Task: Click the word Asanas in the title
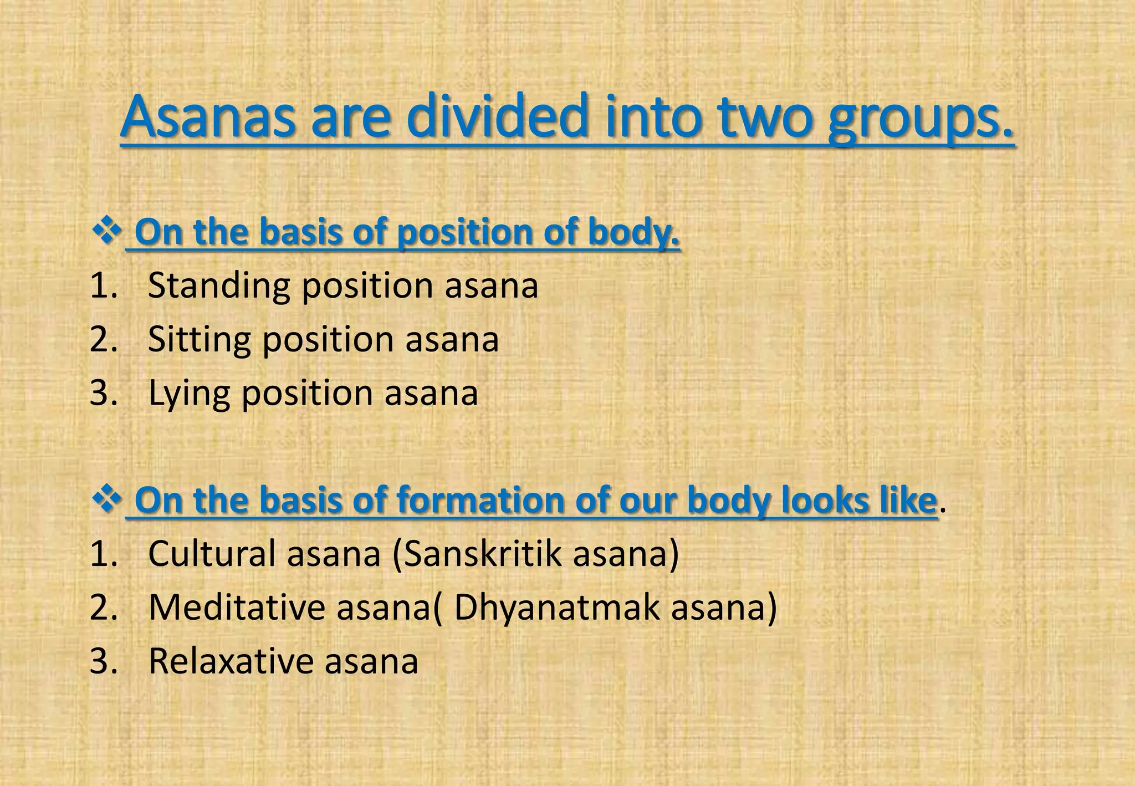click(x=208, y=118)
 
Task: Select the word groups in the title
click(x=920, y=119)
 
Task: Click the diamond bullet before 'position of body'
click(x=106, y=231)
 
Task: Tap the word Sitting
click(x=199, y=340)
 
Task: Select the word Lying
click(x=188, y=394)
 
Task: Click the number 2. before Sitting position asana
click(x=104, y=340)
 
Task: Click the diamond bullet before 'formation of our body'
click(x=106, y=499)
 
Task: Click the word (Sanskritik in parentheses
click(x=477, y=554)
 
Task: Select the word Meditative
click(x=237, y=608)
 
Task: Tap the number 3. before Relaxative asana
click(x=104, y=661)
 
